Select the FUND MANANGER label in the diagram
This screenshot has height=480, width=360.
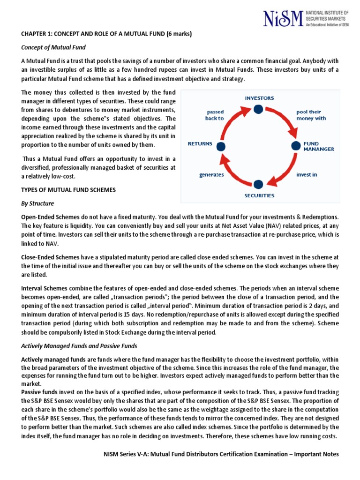pyautogui.click(x=319, y=146)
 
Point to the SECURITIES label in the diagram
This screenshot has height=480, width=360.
pyautogui.click(x=259, y=195)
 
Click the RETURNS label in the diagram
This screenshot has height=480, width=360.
pyautogui.click(x=200, y=143)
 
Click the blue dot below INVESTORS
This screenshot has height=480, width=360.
pyautogui.click(x=258, y=109)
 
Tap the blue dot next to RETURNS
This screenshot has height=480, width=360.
pyautogui.click(x=221, y=146)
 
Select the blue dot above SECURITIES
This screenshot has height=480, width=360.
pyautogui.click(x=258, y=184)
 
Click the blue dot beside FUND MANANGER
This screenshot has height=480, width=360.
pyautogui.click(x=295, y=146)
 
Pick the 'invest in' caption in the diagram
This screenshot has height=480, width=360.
pyautogui.click(x=307, y=174)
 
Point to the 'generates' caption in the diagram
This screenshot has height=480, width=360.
pyautogui.click(x=211, y=174)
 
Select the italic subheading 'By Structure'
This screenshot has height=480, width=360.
pyautogui.click(x=37, y=203)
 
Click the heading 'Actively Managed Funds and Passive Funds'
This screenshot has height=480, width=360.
pyautogui.click(x=79, y=346)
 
